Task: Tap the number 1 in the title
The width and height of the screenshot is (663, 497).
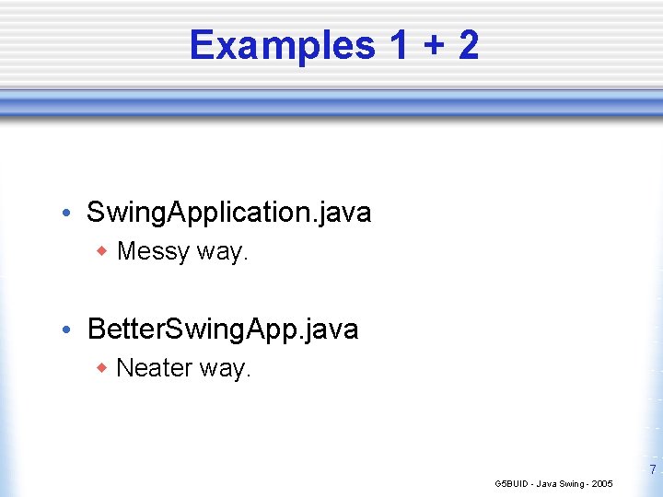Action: coord(399,45)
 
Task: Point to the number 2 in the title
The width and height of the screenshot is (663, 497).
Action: coord(467,45)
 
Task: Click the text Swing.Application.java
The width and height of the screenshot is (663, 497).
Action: coord(228,213)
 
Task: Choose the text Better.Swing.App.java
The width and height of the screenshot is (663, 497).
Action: coord(222,329)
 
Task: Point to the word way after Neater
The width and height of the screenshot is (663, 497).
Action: coord(225,370)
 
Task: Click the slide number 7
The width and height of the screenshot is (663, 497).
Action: coord(653,470)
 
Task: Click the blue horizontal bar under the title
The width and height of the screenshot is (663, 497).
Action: coord(331,104)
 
